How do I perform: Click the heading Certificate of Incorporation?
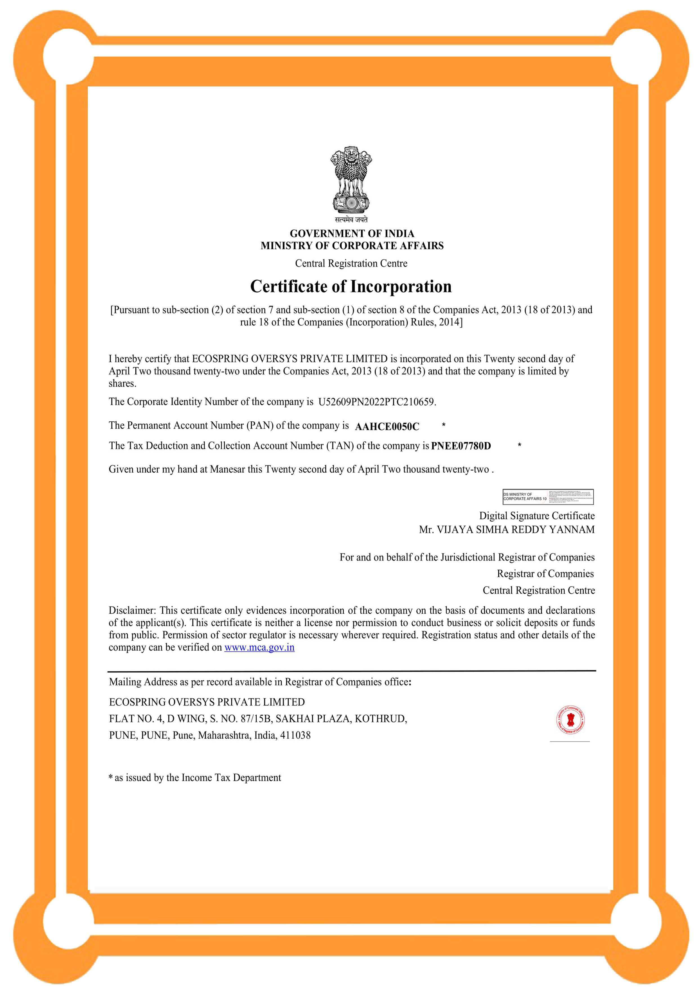pos(351,287)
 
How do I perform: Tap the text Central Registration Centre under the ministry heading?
pos(351,263)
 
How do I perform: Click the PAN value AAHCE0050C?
pos(387,426)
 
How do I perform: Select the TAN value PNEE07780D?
pos(460,446)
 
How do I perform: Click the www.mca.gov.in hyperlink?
pos(259,647)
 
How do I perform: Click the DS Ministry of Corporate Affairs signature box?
pos(547,497)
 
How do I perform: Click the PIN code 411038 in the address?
pos(295,735)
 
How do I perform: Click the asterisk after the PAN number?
pos(443,425)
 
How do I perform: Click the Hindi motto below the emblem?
pos(351,220)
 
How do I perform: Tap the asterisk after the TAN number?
pos(519,445)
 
